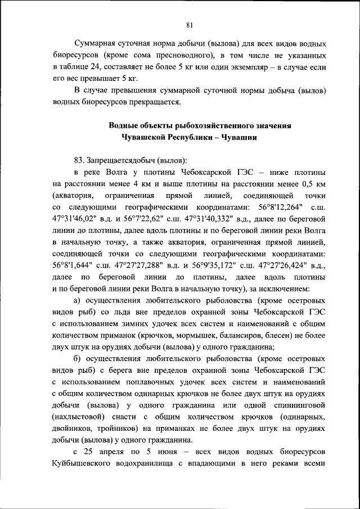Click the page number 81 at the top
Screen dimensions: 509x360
click(190, 24)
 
